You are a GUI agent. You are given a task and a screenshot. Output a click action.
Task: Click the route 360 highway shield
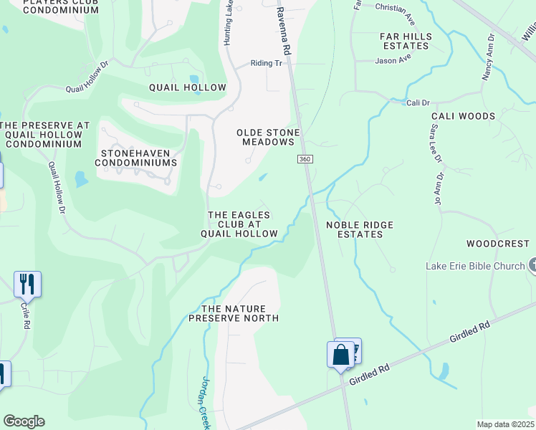pos(305,159)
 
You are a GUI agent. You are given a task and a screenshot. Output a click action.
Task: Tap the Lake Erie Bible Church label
pos(475,266)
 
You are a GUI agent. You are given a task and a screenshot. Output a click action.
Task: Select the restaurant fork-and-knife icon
pos(27,284)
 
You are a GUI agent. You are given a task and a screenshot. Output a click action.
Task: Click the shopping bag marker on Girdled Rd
pos(340,355)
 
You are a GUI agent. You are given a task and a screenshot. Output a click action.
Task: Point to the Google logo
pos(24,421)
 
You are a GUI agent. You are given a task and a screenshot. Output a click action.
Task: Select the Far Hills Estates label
pos(406,41)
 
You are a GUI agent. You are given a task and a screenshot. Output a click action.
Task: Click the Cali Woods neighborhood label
pos(463,116)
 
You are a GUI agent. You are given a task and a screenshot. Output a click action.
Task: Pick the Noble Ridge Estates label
pos(360,229)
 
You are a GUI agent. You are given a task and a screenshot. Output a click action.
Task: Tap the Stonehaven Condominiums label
pos(139,158)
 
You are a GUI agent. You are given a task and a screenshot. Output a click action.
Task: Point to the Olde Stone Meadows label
pos(268,137)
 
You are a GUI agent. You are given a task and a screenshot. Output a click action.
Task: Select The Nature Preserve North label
pos(233,312)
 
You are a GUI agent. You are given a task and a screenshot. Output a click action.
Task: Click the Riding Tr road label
pos(267,63)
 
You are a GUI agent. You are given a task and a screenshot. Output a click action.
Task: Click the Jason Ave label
pos(393,59)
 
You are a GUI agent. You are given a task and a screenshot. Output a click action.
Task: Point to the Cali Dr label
pos(417,103)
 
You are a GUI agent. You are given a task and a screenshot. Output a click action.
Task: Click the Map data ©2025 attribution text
pos(505,424)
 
